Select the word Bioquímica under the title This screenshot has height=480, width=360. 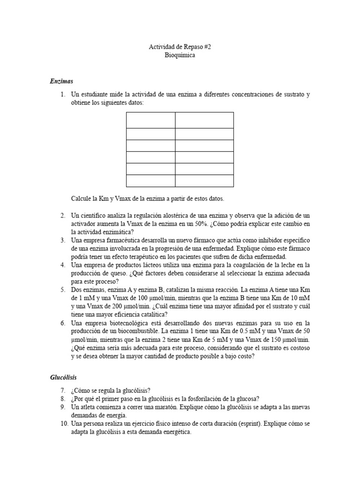[x=180, y=55]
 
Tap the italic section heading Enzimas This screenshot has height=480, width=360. [x=61, y=81]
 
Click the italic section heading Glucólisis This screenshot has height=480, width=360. [x=63, y=377]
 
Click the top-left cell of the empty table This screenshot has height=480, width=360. [x=150, y=120]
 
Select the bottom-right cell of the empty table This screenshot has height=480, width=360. [x=204, y=180]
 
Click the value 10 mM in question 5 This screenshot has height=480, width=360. [x=300, y=299]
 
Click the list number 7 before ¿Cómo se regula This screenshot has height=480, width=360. [x=62, y=390]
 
